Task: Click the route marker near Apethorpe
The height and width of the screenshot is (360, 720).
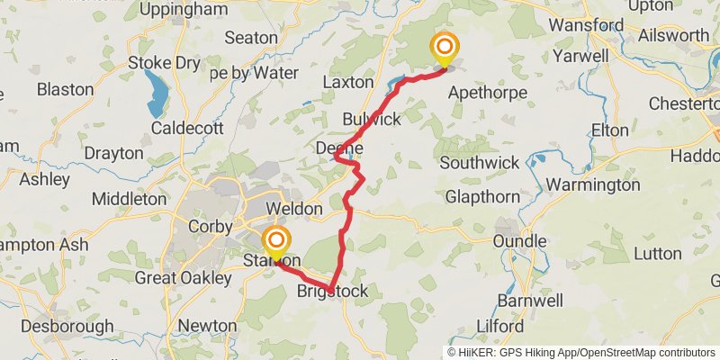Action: pyautogui.click(x=444, y=48)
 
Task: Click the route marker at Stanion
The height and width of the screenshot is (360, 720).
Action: pyautogui.click(x=276, y=241)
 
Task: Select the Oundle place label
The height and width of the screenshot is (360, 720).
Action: pyautogui.click(x=519, y=241)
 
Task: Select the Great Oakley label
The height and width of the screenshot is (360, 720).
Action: pyautogui.click(x=183, y=278)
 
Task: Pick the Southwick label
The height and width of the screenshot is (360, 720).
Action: pyautogui.click(x=480, y=163)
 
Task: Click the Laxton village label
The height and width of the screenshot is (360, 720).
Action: pyautogui.click(x=347, y=82)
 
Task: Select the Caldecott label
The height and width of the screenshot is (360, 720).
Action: pyautogui.click(x=187, y=128)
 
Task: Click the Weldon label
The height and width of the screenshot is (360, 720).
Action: pyautogui.click(x=293, y=209)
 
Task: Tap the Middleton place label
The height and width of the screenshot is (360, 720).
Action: pyautogui.click(x=129, y=199)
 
